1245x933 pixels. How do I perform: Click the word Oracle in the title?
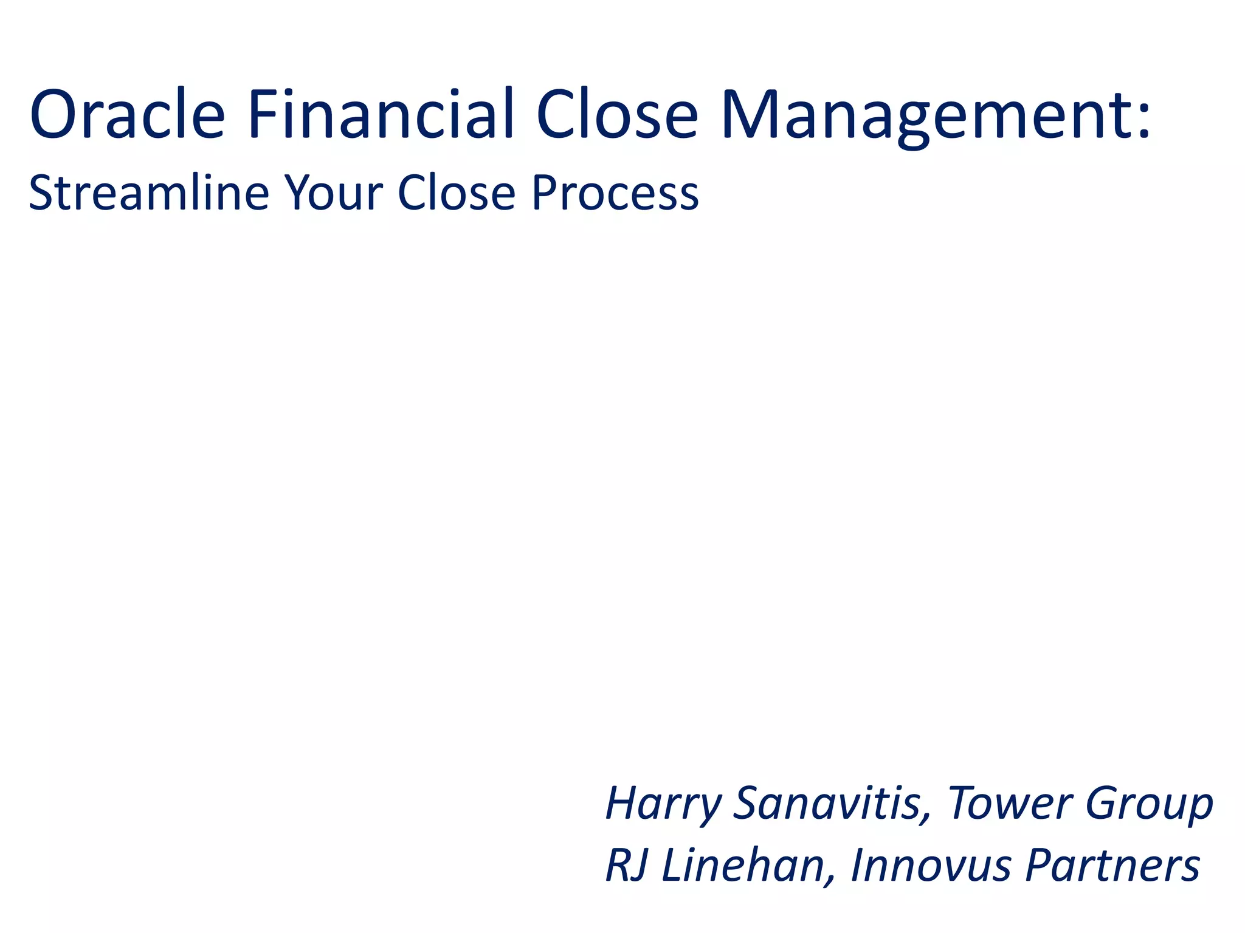[x=127, y=114]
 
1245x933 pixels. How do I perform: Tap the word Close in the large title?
[x=617, y=114]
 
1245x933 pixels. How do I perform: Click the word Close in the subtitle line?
[x=457, y=193]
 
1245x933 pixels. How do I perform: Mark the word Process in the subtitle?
[x=615, y=193]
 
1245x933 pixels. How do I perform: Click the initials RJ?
[x=626, y=865]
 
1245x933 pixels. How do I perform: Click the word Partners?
[x=1112, y=865]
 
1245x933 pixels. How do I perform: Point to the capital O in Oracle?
[x=56, y=114]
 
